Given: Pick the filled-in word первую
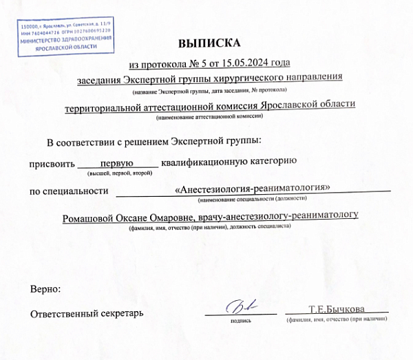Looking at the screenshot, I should pyautogui.click(x=117, y=163).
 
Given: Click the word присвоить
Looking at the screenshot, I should pyautogui.click(x=50, y=163).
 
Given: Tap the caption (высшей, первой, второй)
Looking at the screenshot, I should pyautogui.click(x=117, y=173).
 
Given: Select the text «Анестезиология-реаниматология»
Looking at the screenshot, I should pyautogui.click(x=253, y=189).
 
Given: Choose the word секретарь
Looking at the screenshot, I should pyautogui.click(x=120, y=314).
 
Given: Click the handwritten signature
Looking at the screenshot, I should pyautogui.click(x=240, y=306).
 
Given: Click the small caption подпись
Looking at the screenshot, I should pyautogui.click(x=240, y=320).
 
